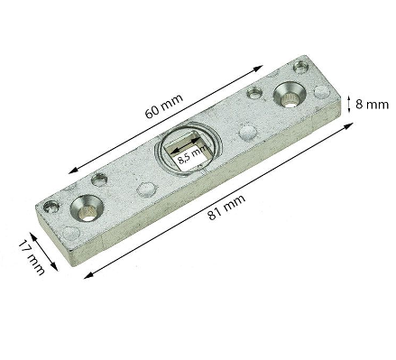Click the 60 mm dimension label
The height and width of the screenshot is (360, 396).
[164, 106]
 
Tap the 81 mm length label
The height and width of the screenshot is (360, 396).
[227, 207]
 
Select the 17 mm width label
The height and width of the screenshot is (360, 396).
[32, 257]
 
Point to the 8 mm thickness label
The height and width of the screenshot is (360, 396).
[372, 105]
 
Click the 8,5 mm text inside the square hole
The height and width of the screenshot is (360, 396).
[192, 154]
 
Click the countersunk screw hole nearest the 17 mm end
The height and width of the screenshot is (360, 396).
[87, 208]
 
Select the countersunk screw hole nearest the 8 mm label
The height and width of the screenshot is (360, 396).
[290, 95]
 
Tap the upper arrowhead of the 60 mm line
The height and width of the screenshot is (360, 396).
[258, 68]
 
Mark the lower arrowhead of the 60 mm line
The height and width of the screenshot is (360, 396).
[73, 171]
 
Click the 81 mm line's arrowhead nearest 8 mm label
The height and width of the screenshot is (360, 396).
[348, 125]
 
